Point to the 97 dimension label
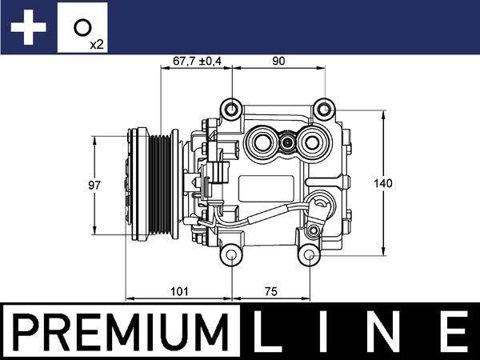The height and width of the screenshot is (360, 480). (x=94, y=184)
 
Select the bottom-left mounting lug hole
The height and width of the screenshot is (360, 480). (x=231, y=256)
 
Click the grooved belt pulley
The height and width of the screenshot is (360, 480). (x=154, y=184)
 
